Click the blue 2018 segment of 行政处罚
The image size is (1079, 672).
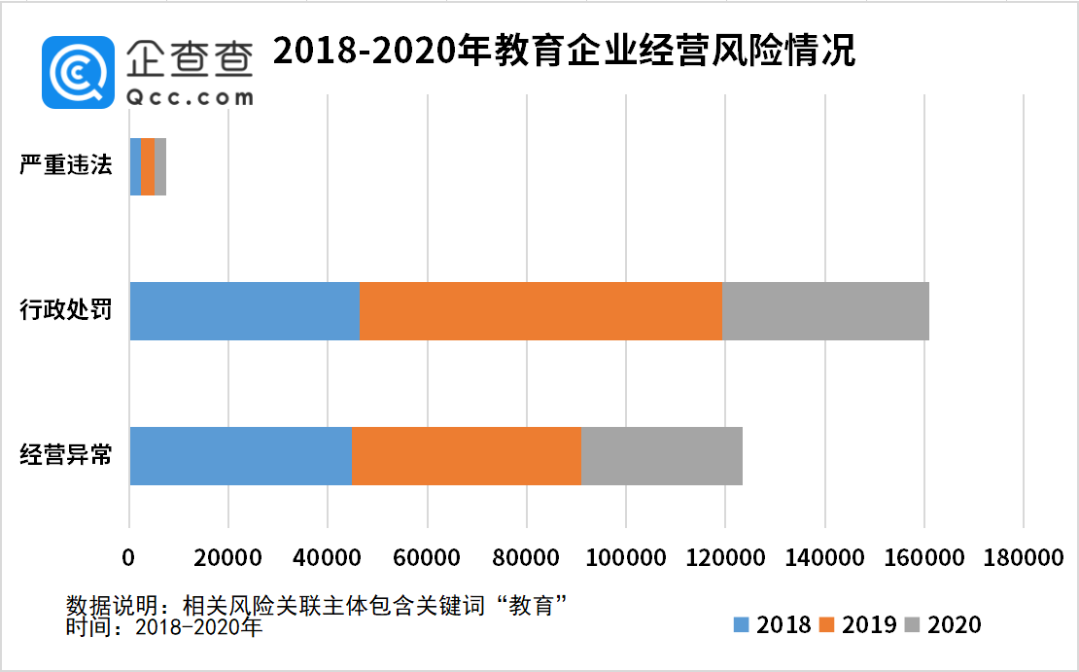[244, 311]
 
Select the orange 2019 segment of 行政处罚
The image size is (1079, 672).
[540, 311]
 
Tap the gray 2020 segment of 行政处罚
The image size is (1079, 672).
[825, 311]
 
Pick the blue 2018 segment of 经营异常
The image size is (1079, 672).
[240, 455]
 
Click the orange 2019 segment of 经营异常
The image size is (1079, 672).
[466, 455]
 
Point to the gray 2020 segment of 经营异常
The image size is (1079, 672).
[661, 455]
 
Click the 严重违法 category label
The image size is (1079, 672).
[66, 165]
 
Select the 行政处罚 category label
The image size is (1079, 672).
[66, 311]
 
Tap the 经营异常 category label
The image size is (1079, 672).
[66, 455]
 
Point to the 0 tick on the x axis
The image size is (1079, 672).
[129, 559]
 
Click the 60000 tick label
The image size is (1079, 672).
[427, 559]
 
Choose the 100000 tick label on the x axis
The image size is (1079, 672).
[625, 559]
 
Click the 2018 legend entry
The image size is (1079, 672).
[773, 624]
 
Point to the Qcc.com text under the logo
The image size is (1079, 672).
[191, 96]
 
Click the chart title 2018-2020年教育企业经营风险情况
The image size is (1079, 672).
[564, 51]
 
